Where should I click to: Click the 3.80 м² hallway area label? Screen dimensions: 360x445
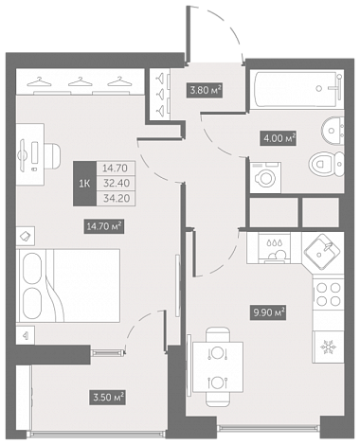coord(205,90)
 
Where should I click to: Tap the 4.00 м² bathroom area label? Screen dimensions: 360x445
coord(279,138)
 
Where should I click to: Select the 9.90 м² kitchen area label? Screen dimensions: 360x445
coord(268,312)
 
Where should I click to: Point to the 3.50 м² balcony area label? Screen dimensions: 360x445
coord(108,397)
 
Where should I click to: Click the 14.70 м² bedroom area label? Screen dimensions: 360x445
coord(104,226)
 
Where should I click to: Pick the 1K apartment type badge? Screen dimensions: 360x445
coord(84,184)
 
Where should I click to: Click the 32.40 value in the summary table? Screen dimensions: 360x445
coord(115,183)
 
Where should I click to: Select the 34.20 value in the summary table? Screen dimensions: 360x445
coord(115,198)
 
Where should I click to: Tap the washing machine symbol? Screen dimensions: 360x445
coord(265,177)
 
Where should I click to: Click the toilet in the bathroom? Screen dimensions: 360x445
coord(326,164)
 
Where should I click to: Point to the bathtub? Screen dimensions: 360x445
coord(297,89)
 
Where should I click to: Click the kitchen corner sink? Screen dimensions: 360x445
coord(322,252)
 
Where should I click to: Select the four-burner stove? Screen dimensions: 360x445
coord(329,294)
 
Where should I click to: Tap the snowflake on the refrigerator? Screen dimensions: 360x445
coord(328,347)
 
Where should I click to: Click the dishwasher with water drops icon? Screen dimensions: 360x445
coord(274,247)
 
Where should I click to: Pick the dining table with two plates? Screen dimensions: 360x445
coord(218,367)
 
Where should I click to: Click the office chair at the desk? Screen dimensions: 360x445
coord(53,155)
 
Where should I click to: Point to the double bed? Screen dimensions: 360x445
coord(69,285)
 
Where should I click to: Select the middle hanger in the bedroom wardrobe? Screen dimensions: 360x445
coord(80,81)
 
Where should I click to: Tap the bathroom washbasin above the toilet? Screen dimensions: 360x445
coord(333,131)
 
